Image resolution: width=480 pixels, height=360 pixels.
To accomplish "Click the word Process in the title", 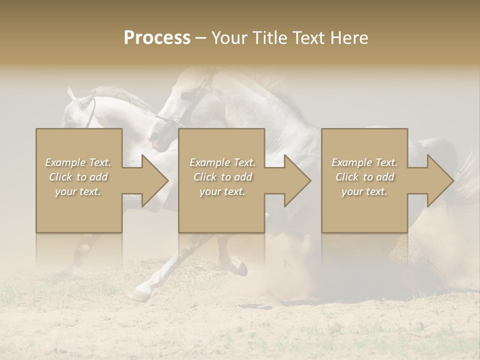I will click(157, 38).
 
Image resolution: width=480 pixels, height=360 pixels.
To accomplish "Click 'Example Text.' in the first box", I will click(78, 162).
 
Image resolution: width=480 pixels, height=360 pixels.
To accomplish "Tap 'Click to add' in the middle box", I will click(222, 177).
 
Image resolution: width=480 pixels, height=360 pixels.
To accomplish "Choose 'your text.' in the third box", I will click(364, 191).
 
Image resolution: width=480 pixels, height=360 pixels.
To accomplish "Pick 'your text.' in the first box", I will click(78, 191).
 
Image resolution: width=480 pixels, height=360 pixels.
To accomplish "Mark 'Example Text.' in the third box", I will click(364, 162).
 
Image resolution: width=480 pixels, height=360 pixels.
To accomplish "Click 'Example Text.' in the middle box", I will click(222, 162).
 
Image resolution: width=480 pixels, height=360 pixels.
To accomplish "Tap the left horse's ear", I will click(71, 93).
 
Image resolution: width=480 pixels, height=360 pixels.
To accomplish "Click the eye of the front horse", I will click(187, 95).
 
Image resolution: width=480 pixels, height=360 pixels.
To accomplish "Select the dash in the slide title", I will click(200, 38).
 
